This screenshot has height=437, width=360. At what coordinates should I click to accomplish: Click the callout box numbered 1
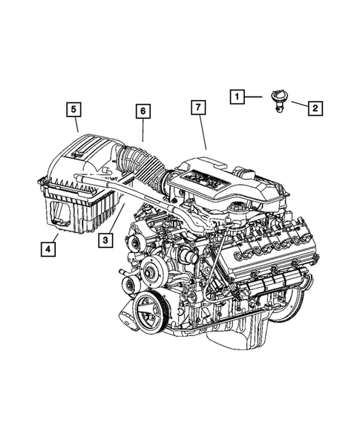235,96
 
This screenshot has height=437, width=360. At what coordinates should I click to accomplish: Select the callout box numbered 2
314,109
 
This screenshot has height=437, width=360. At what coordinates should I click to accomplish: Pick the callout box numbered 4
48,249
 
